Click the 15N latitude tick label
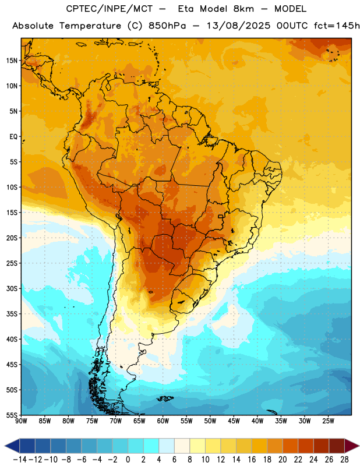[x=12, y=61]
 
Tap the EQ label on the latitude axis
[x=13, y=137]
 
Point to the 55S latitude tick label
[x=12, y=415]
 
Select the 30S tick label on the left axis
[x=12, y=288]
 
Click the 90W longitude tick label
[x=22, y=421]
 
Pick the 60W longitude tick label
[x=163, y=421]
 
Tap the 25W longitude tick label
[x=328, y=421]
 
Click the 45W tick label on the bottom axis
[x=234, y=421]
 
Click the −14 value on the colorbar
[x=20, y=460]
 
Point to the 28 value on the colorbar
[x=344, y=460]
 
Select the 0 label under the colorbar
[x=128, y=460]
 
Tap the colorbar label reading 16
[x=252, y=460]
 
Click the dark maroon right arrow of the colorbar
[x=352, y=446]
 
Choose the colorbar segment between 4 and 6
[x=167, y=446]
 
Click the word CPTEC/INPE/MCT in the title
[x=110, y=9]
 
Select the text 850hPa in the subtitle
[x=167, y=26]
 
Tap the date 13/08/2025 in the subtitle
[x=238, y=26]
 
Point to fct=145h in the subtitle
[x=337, y=26]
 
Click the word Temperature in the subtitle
[x=90, y=26]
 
